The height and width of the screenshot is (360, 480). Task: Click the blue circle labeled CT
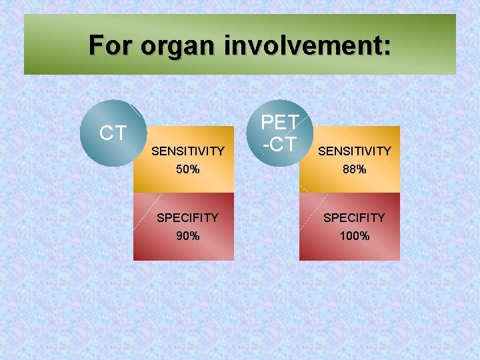pyautogui.click(x=113, y=133)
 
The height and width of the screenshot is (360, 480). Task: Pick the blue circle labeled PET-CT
pyautogui.click(x=279, y=133)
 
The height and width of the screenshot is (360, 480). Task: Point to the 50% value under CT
pyautogui.click(x=187, y=169)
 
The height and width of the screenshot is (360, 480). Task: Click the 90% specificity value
pyautogui.click(x=187, y=235)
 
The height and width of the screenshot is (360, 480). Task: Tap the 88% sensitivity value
pyautogui.click(x=354, y=169)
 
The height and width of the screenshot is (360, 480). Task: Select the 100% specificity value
pyautogui.click(x=354, y=235)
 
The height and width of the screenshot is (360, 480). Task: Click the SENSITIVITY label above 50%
pyautogui.click(x=188, y=151)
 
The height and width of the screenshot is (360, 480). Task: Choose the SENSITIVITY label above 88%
pyautogui.click(x=355, y=151)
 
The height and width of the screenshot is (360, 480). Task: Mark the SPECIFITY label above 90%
pyautogui.click(x=187, y=217)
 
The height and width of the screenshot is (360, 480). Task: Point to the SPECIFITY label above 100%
pyautogui.click(x=354, y=217)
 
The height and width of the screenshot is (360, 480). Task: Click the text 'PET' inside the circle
pyautogui.click(x=279, y=123)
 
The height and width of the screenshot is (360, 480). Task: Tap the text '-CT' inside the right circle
pyautogui.click(x=279, y=143)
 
